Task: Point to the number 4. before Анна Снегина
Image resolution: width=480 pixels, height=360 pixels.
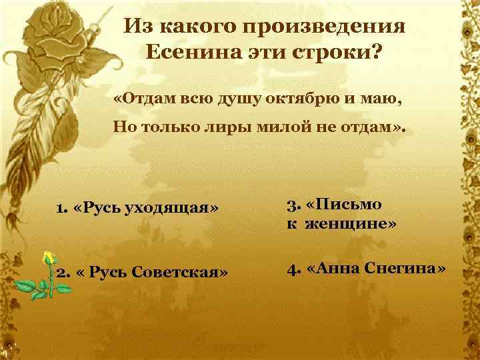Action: (x=293, y=269)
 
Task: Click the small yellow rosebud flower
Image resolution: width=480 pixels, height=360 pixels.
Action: (x=49, y=259)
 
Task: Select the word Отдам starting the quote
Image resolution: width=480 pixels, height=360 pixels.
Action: (x=151, y=99)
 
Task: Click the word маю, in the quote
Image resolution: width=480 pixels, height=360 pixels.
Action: (x=383, y=99)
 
